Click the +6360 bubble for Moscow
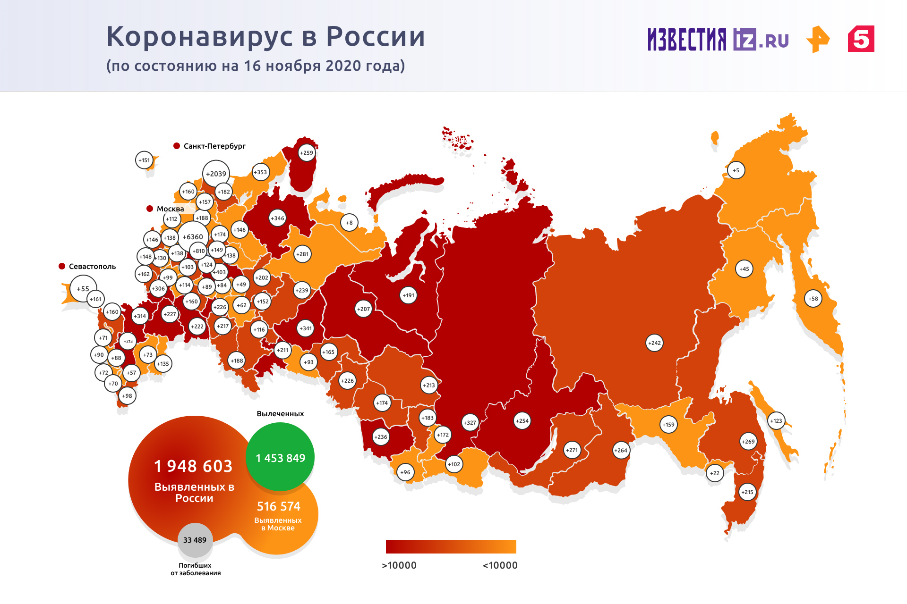[x=193, y=237]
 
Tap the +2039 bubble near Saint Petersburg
[x=216, y=174]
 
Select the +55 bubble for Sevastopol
[x=83, y=289]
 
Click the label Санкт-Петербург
[x=214, y=146]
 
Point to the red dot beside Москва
[x=150, y=209]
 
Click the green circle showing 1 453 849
[x=280, y=457]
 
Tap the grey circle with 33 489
[x=195, y=540]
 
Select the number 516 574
[x=279, y=506]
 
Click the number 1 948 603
[x=194, y=466]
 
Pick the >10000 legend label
[x=399, y=565]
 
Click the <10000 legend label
[x=500, y=565]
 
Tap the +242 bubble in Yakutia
[x=654, y=343]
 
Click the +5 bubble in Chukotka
[x=736, y=170]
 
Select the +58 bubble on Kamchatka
[x=813, y=299]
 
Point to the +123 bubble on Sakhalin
[x=776, y=421]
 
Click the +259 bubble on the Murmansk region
[x=307, y=153]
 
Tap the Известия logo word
[x=687, y=39]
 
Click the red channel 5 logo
[x=861, y=39]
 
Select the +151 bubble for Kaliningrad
[x=144, y=160]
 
